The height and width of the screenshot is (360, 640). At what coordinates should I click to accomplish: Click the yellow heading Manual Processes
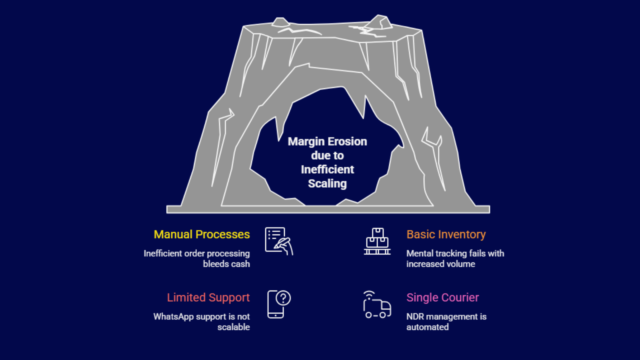coord(202,234)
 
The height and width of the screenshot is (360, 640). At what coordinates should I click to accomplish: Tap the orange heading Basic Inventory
coord(446,234)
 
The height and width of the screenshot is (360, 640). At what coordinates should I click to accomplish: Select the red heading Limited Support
coord(208,298)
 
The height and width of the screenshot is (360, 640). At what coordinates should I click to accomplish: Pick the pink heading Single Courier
coord(442,298)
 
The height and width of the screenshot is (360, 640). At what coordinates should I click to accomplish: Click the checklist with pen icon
coord(278,241)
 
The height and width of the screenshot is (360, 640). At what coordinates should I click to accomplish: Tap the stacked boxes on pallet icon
coord(377,241)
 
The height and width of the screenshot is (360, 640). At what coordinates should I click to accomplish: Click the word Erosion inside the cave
coord(347,142)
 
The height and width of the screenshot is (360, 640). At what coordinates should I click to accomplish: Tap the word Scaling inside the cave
coord(327,184)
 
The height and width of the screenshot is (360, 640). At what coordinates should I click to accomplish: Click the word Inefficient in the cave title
coord(327,170)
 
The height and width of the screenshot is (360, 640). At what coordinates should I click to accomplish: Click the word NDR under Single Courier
coord(415,317)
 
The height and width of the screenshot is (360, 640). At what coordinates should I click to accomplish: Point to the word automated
coord(427,327)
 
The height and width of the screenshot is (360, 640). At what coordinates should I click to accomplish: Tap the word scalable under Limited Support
coord(234,327)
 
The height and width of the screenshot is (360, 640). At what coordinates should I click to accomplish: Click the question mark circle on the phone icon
coord(283,298)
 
